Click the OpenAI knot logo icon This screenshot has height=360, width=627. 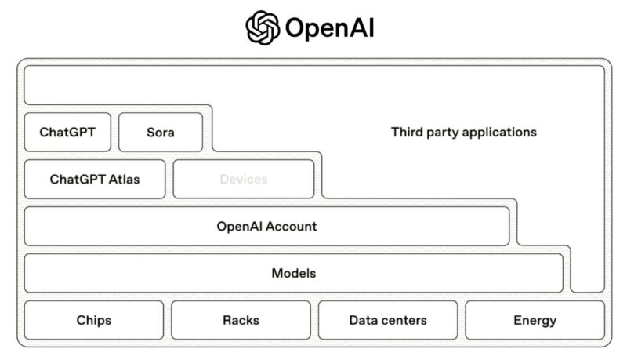tap(263, 27)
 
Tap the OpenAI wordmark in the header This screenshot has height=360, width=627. tap(330, 28)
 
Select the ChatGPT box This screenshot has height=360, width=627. tap(67, 132)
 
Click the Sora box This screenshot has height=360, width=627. tap(161, 132)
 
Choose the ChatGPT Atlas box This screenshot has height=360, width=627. tap(95, 179)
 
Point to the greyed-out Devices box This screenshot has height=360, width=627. tap(243, 179)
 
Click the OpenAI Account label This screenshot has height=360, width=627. tap(266, 226)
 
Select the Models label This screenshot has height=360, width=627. tap(293, 273)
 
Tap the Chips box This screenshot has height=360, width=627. tap(94, 320)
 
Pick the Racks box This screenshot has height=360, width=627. tap(241, 320)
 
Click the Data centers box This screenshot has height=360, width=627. tap(388, 320)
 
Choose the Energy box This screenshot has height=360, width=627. tap(535, 320)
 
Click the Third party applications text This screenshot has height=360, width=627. tap(464, 132)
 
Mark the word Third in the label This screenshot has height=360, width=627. tap(405, 132)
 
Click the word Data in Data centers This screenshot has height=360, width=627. tap(362, 320)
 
